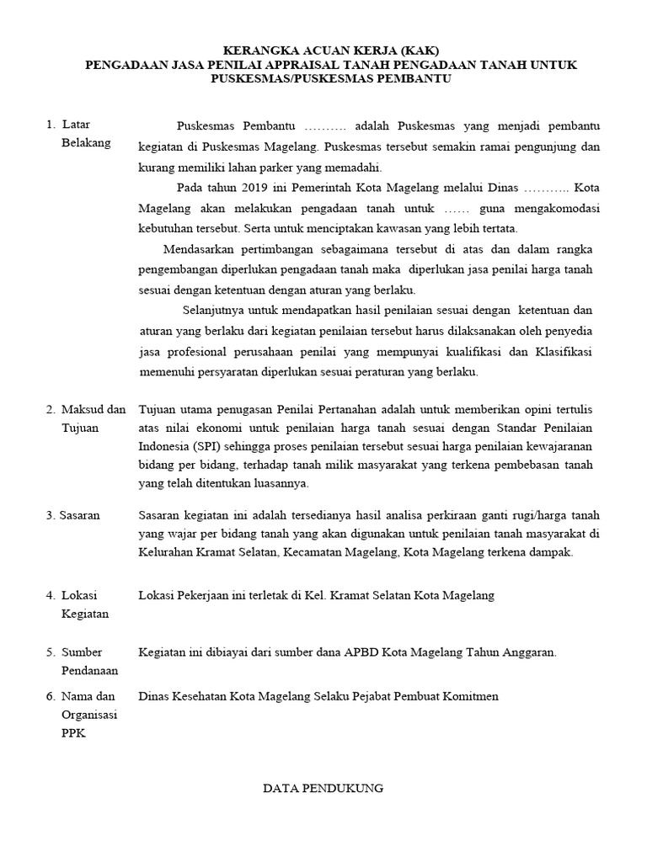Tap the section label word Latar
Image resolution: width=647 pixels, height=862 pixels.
(x=76, y=125)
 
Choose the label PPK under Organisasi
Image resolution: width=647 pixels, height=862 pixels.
(x=73, y=733)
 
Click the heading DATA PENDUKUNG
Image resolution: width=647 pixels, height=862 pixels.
(x=323, y=789)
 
